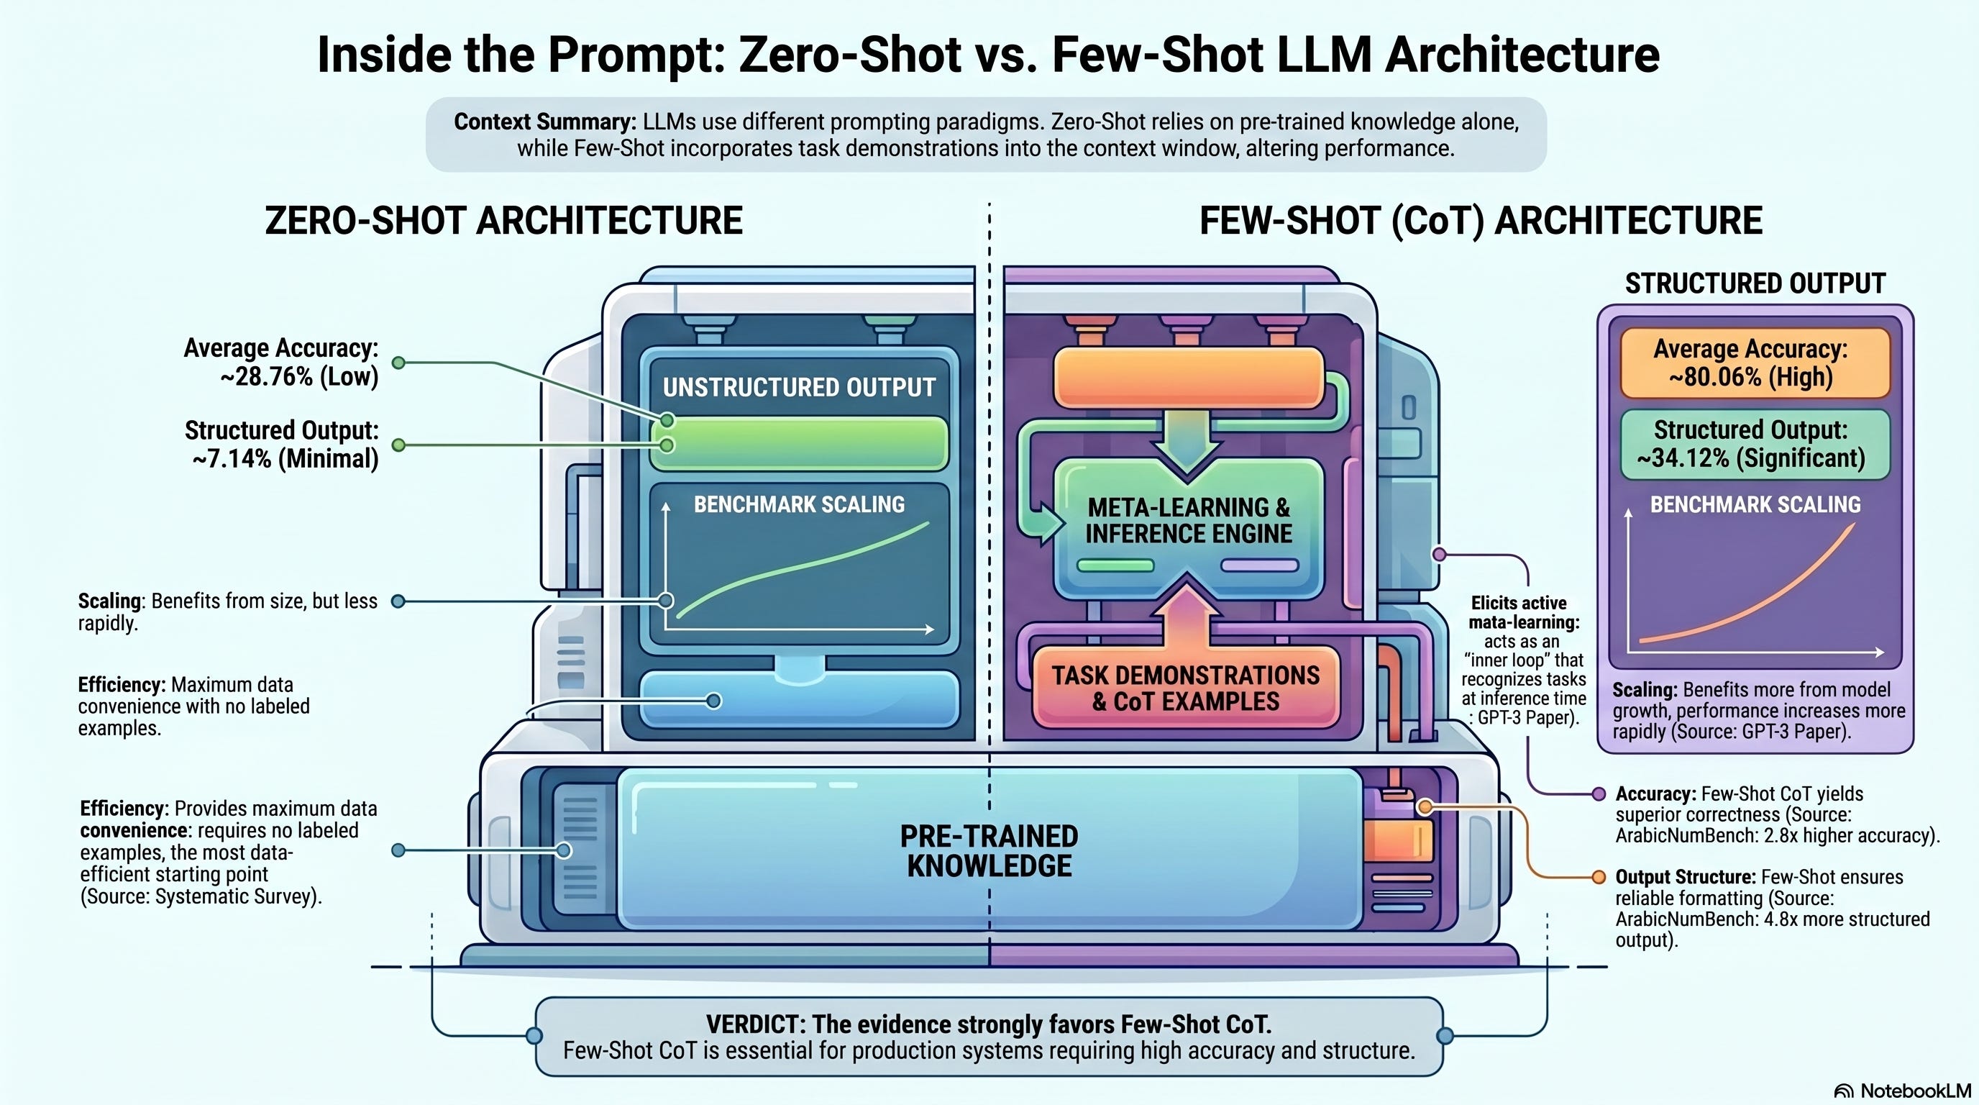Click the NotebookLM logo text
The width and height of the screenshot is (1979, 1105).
click(1914, 1091)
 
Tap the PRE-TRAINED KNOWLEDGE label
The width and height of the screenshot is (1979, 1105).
click(989, 850)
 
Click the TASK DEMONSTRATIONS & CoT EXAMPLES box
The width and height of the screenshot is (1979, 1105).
click(1185, 688)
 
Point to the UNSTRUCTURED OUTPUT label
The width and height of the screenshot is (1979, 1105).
click(799, 387)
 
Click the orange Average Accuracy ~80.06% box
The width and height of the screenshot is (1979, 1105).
click(1755, 363)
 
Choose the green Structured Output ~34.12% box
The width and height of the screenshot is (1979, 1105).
click(1755, 444)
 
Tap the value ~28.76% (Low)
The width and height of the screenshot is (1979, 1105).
click(299, 377)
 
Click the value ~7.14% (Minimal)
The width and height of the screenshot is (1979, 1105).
click(285, 459)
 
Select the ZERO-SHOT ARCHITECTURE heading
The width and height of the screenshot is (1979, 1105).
click(503, 222)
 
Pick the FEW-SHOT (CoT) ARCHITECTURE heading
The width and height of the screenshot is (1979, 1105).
click(1481, 222)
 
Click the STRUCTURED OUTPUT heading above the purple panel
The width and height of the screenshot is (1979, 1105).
click(1755, 283)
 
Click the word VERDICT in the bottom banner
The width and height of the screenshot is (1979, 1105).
click(754, 1024)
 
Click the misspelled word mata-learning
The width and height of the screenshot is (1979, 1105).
click(1523, 622)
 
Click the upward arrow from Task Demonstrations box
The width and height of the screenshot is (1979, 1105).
click(1187, 615)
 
